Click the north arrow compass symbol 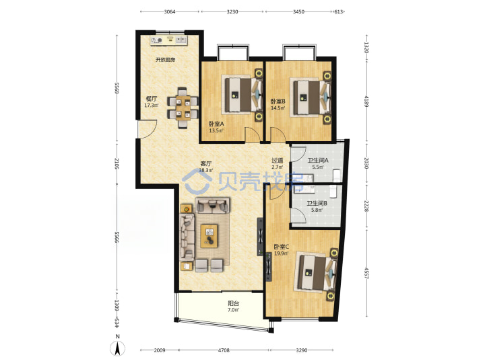point(117,348)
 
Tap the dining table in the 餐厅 point(183,108)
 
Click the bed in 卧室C point(316,272)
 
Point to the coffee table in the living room point(209,236)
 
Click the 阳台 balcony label point(234,303)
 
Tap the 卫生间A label point(318,161)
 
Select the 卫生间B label point(317,204)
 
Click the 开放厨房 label point(165,60)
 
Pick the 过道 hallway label point(277,161)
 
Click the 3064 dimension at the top point(170,11)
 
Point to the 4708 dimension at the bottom point(224,350)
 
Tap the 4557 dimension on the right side point(366,273)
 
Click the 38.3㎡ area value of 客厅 point(205,170)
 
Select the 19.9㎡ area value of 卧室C point(282,253)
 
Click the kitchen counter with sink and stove point(168,40)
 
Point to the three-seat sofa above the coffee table point(212,205)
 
